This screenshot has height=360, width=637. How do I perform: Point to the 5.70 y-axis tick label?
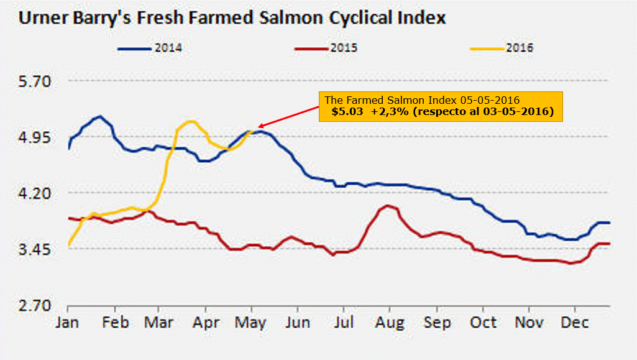37,81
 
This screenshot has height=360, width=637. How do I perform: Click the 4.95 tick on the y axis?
37,137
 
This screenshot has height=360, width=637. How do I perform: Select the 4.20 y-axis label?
37,193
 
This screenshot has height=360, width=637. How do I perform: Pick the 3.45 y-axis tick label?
37,250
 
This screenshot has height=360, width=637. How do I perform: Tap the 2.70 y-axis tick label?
37,306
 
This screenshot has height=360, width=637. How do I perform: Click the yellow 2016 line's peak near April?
190,121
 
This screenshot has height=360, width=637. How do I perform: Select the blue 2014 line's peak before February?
99,116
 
